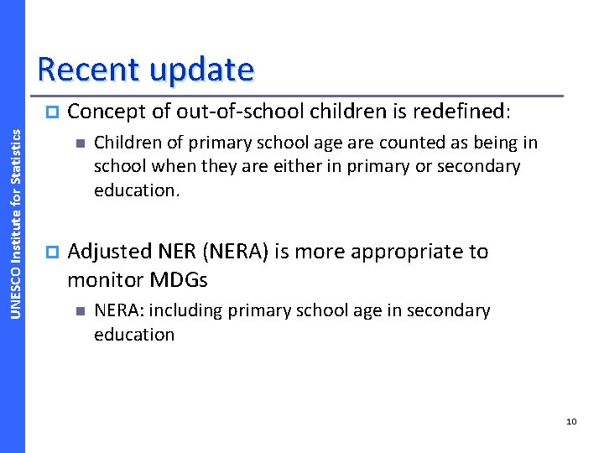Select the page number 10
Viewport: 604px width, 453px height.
pos(571,421)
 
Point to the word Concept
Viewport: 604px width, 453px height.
pos(105,111)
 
